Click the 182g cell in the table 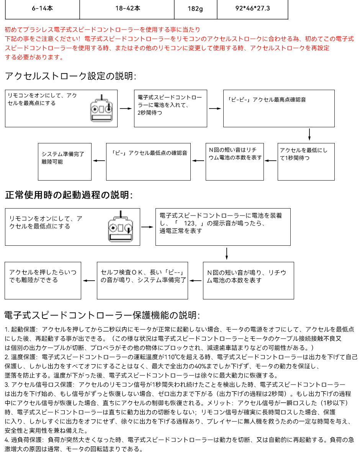click(195, 9)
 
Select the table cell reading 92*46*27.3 click(252, 8)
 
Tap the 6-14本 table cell click(42, 8)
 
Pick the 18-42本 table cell click(128, 8)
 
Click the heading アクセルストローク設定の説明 click(70, 76)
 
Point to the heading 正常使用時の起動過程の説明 click(69, 195)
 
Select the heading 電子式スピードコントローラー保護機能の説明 click(102, 316)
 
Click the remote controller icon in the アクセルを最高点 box click(102, 108)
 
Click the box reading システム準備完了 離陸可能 click(65, 161)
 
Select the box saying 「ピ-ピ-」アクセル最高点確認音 click(279, 108)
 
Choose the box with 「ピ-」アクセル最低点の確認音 click(148, 161)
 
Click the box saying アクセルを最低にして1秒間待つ click(306, 161)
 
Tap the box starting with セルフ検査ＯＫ click(142, 280)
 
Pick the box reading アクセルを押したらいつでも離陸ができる click(43, 280)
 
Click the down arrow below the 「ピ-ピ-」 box click(309, 135)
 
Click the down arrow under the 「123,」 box click(227, 253)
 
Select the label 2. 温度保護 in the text click(21, 357)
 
